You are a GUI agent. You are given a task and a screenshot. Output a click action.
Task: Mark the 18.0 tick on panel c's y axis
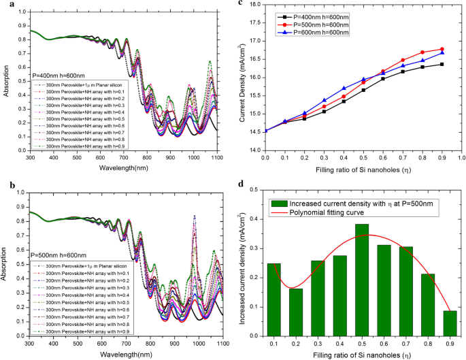tap(256, 5)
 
